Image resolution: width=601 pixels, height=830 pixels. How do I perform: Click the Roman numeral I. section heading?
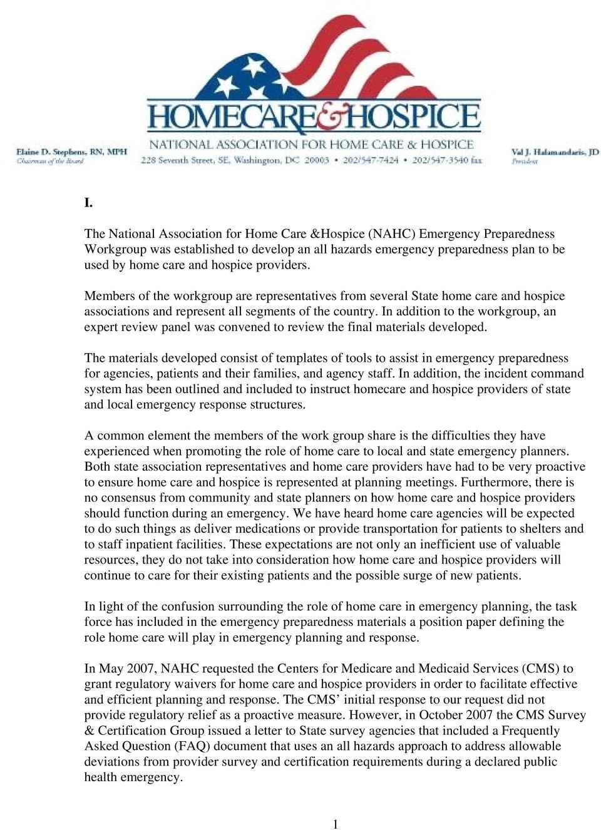89,202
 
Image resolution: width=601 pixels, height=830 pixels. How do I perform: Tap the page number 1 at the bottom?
336,824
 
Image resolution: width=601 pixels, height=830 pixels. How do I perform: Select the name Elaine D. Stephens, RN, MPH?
71,151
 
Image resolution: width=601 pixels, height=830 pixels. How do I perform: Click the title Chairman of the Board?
50,161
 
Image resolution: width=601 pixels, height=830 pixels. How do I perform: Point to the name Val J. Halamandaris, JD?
555,151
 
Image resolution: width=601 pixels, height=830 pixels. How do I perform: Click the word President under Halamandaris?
525,161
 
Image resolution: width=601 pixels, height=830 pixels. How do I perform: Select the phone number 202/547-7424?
370,160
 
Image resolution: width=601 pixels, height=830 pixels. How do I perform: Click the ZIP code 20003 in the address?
317,160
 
